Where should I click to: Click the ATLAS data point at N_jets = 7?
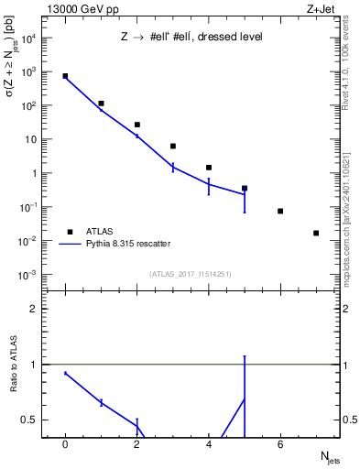click(316, 233)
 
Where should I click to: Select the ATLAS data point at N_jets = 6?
click(280, 211)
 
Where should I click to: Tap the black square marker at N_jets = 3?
click(172, 146)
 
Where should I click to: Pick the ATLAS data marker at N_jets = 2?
click(136, 125)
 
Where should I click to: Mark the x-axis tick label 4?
click(209, 445)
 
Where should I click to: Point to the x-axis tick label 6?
click(280, 445)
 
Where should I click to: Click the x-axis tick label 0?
click(65, 445)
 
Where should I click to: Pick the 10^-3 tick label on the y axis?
click(28, 275)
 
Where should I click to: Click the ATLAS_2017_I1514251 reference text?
click(190, 273)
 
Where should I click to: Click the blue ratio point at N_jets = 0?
click(65, 373)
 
